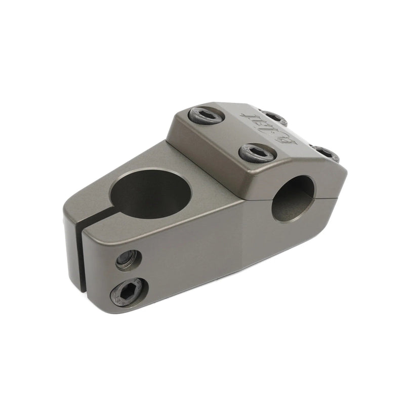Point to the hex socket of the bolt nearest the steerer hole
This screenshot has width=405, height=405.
pos(207,115)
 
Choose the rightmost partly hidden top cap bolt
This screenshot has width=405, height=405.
pos(325,153)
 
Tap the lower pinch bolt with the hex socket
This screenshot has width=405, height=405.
pos(130,292)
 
